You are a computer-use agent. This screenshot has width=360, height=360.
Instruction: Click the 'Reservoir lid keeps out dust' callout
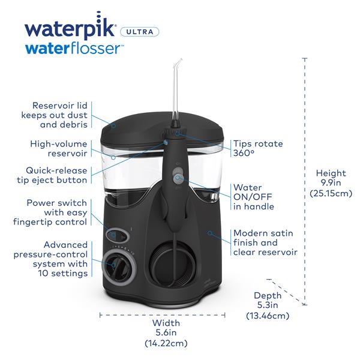tap(52, 114)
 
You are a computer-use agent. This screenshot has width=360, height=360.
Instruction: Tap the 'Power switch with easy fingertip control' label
tap(52, 212)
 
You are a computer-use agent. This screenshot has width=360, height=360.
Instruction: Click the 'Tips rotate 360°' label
tap(257, 148)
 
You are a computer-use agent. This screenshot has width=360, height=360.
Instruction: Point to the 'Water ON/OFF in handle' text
tap(254, 197)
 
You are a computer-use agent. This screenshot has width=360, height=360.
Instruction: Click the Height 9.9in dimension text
tap(331, 183)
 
